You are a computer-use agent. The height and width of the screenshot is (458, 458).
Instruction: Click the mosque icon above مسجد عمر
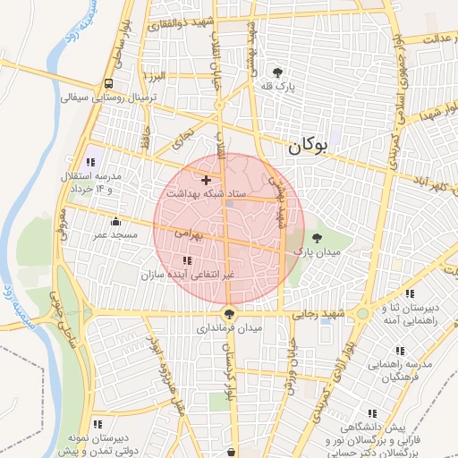click(114, 221)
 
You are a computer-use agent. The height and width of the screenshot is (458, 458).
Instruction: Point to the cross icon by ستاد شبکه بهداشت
click(206, 180)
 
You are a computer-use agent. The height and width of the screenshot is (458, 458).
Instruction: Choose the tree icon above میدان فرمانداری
click(230, 314)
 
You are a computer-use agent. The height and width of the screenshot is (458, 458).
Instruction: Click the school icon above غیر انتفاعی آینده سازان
click(186, 260)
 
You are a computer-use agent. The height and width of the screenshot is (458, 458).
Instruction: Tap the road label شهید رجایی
click(322, 314)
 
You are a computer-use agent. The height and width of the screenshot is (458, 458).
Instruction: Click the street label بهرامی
click(190, 233)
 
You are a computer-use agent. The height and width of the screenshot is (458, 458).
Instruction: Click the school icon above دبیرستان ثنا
click(410, 293)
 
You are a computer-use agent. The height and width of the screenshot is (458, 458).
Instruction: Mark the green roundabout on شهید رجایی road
click(361, 315)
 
